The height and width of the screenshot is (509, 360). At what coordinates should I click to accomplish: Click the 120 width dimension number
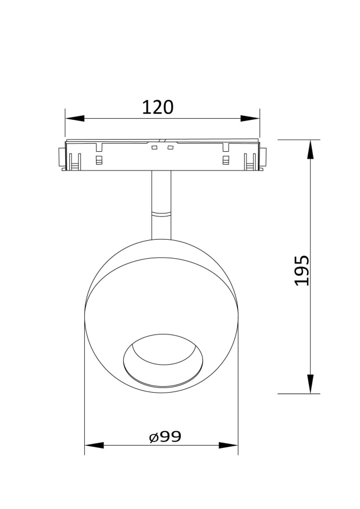[158, 107]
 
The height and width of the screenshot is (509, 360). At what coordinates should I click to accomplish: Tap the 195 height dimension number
[302, 270]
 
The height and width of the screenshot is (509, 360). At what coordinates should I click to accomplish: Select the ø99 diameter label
[165, 437]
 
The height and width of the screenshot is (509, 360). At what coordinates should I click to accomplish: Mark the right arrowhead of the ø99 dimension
[229, 446]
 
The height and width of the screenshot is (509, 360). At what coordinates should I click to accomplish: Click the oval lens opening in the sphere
[162, 359]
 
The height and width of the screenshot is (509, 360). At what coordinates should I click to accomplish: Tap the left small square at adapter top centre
[155, 148]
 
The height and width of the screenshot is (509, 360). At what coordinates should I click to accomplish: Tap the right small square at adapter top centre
[170, 148]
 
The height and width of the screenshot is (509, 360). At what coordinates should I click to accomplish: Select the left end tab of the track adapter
[61, 159]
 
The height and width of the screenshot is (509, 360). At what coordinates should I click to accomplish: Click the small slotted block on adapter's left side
[98, 160]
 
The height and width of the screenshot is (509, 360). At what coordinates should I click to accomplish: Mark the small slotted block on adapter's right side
[226, 160]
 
